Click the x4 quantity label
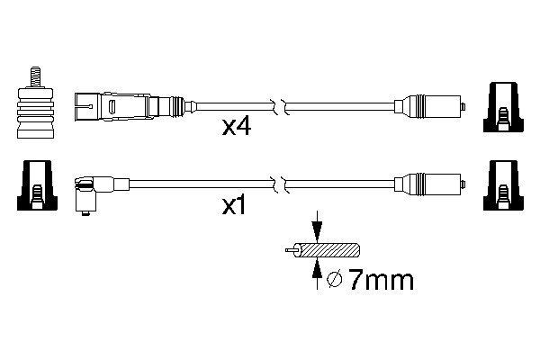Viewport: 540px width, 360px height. point(236,129)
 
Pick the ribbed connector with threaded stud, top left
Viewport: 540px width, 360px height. point(33,111)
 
